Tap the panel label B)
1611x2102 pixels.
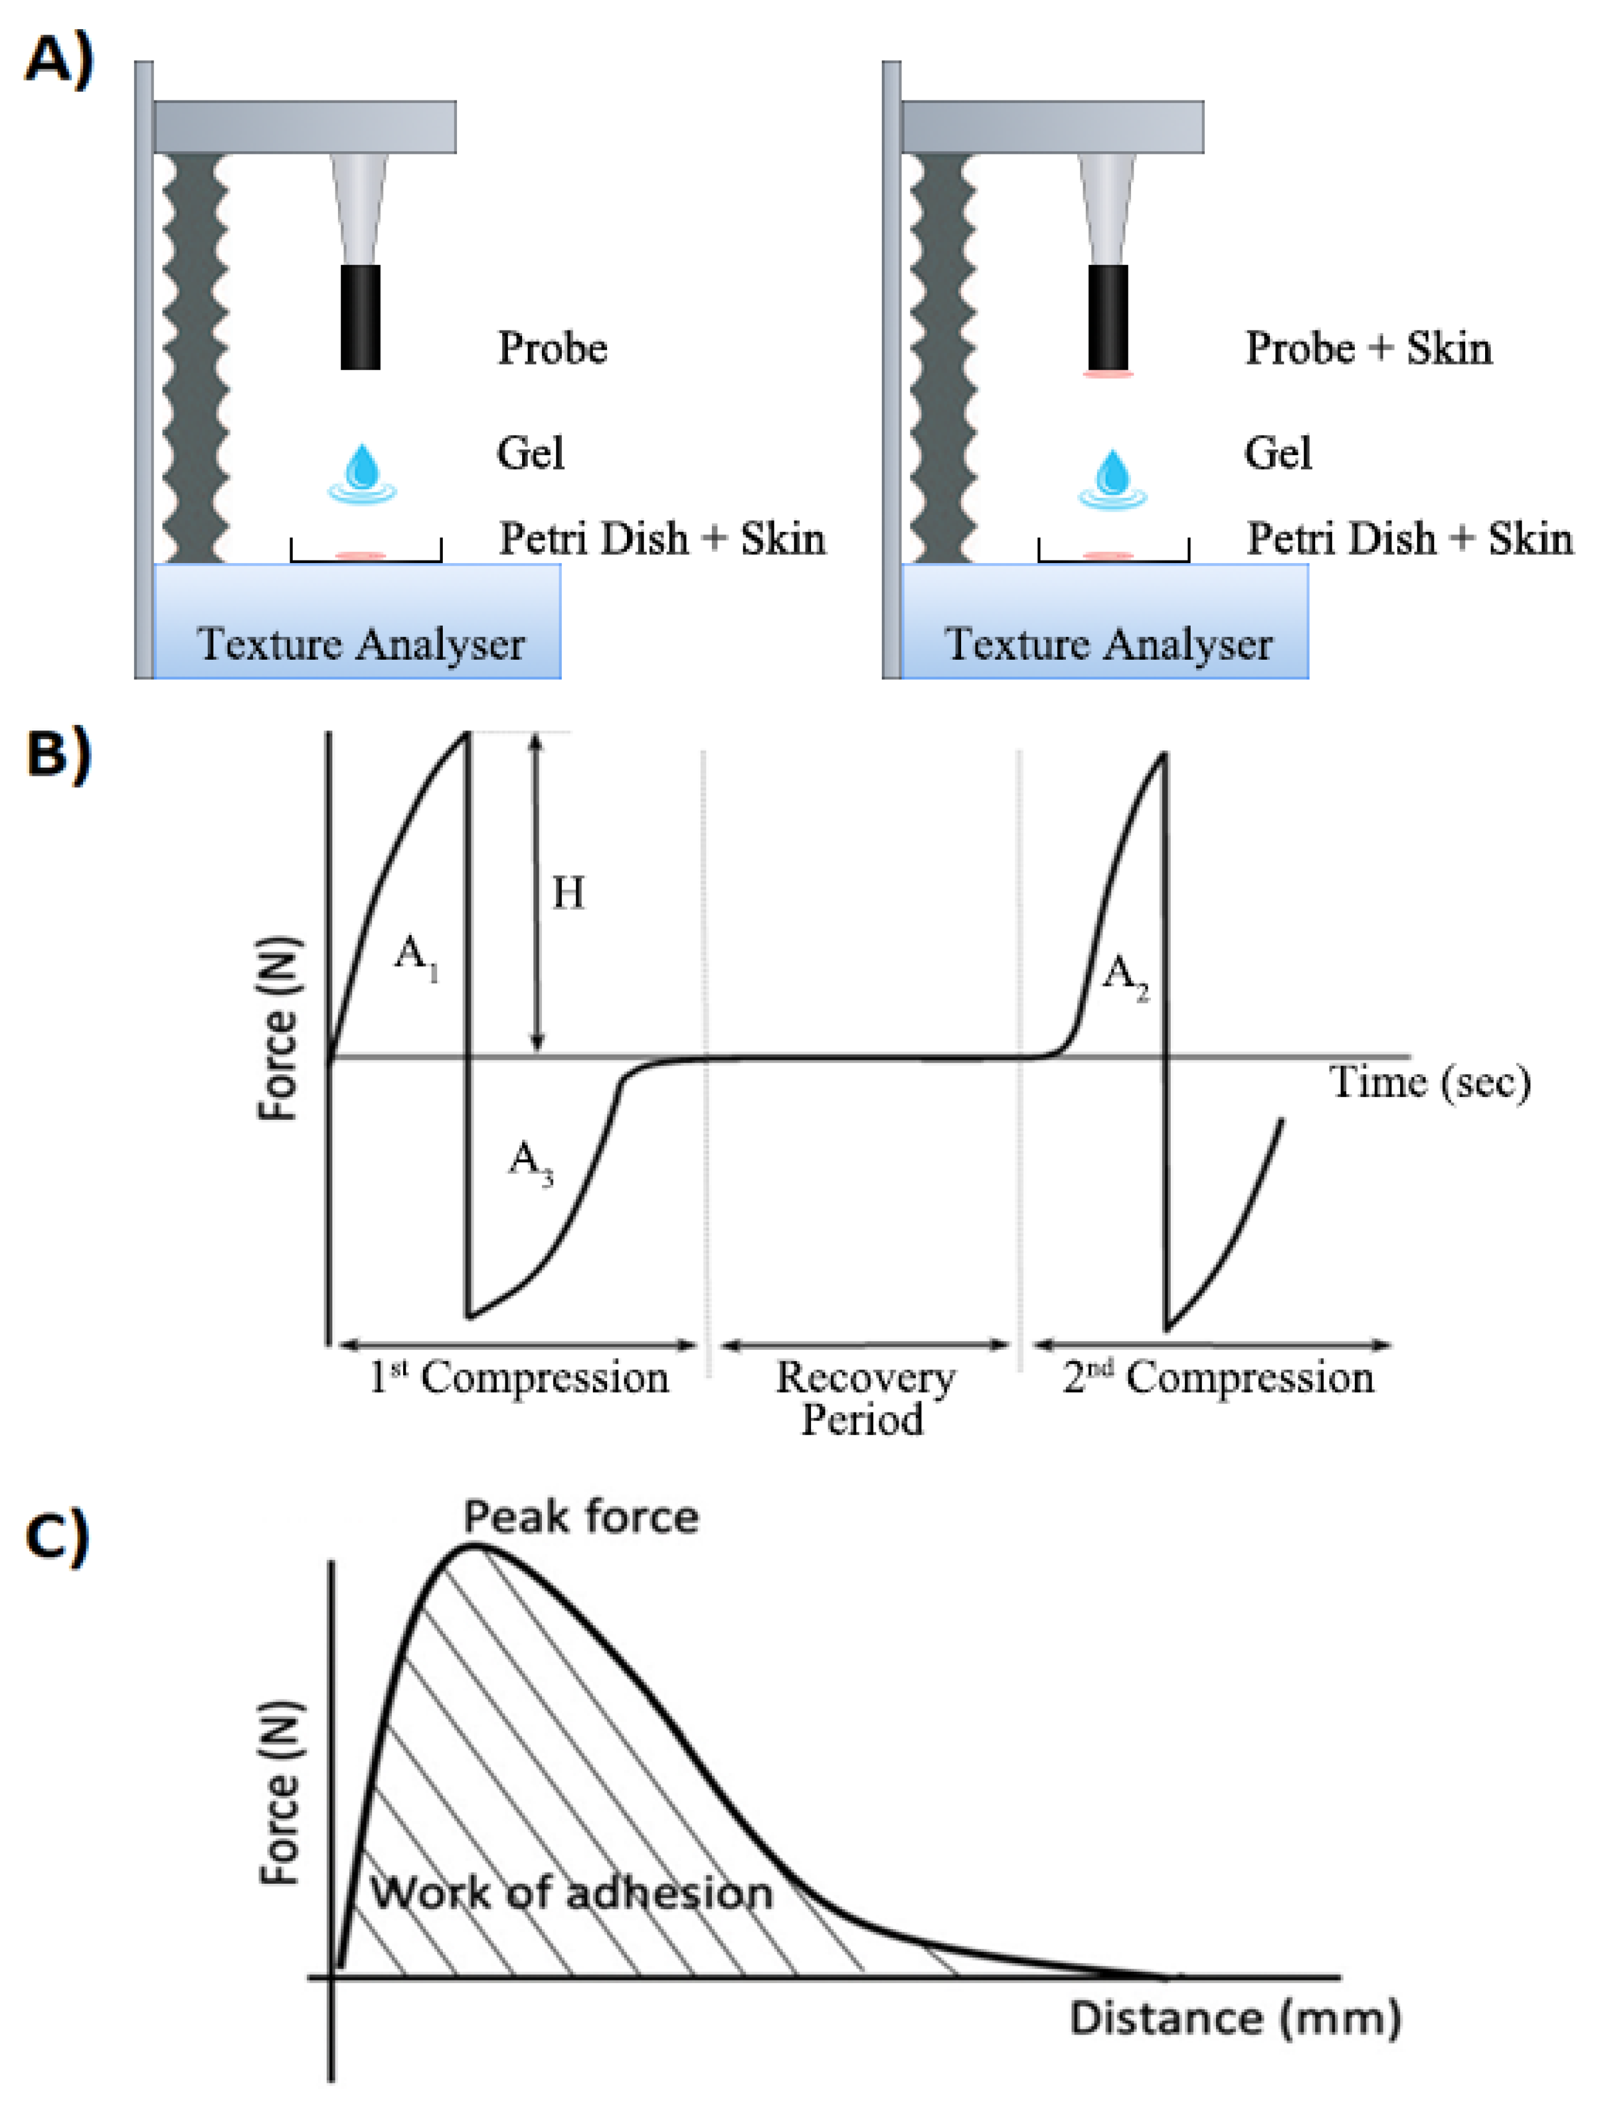pyautogui.click(x=60, y=753)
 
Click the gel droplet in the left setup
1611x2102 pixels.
pyautogui.click(x=363, y=472)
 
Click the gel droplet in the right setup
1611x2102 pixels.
pyautogui.click(x=1112, y=477)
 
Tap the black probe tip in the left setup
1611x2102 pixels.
pyautogui.click(x=360, y=316)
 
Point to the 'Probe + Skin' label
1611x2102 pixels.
pyautogui.click(x=1369, y=348)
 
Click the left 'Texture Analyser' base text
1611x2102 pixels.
pyautogui.click(x=360, y=644)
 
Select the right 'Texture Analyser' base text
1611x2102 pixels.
pyautogui.click(x=1109, y=644)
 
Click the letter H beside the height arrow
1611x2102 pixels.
pyautogui.click(x=567, y=893)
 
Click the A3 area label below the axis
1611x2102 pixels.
pyautogui.click(x=530, y=1161)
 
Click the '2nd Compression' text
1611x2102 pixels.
pyautogui.click(x=1218, y=1377)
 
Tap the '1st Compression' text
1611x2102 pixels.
pyautogui.click(x=519, y=1377)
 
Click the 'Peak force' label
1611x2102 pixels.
pyautogui.click(x=581, y=1517)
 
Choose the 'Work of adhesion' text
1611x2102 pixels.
pyautogui.click(x=572, y=1894)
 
